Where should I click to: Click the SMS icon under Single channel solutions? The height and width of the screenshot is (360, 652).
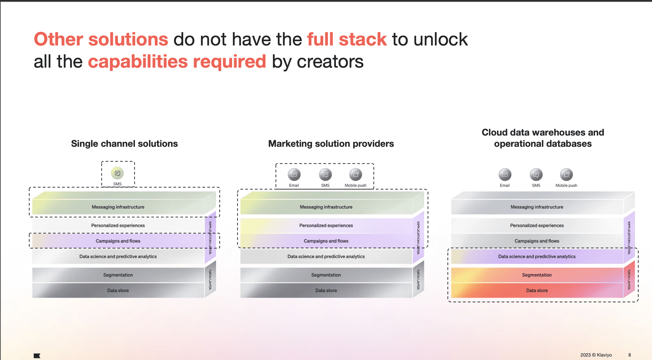(117, 173)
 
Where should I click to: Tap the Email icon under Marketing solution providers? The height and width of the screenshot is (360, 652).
(294, 174)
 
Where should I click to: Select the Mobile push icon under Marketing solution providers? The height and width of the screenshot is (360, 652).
(355, 174)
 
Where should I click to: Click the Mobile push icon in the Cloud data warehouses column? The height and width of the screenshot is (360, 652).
(566, 174)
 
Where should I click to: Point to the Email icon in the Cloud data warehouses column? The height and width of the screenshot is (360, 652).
(505, 174)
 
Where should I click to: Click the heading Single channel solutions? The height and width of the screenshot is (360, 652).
(124, 144)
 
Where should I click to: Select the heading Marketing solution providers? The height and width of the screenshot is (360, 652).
(331, 144)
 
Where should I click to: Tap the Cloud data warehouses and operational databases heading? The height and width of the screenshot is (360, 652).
(543, 138)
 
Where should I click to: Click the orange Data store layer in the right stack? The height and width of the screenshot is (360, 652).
(537, 290)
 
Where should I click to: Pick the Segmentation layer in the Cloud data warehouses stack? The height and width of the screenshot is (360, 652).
(537, 275)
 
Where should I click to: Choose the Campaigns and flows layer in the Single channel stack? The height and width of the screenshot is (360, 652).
(118, 241)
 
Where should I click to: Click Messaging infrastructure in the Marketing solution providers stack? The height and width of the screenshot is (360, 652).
(326, 207)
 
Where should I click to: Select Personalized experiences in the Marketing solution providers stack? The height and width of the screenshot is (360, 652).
(326, 225)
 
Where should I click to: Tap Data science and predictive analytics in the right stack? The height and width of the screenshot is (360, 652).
(537, 256)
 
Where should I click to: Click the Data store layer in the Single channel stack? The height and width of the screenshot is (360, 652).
(118, 290)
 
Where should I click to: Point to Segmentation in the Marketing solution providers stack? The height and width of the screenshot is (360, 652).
(326, 275)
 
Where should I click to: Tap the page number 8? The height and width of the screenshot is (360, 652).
(630, 355)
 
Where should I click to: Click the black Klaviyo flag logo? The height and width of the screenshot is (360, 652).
(37, 356)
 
